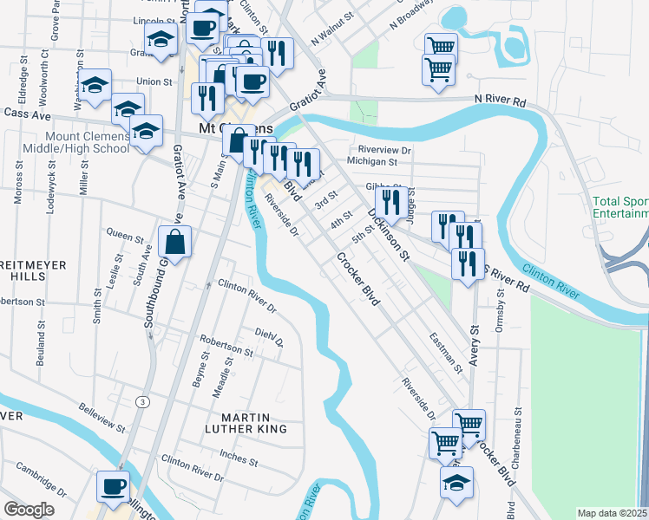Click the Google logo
tap(29, 510)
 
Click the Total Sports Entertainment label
tap(620, 207)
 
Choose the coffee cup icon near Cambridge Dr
tap(113, 486)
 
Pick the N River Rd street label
tap(501, 101)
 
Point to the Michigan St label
tap(371, 160)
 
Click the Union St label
tap(154, 81)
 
